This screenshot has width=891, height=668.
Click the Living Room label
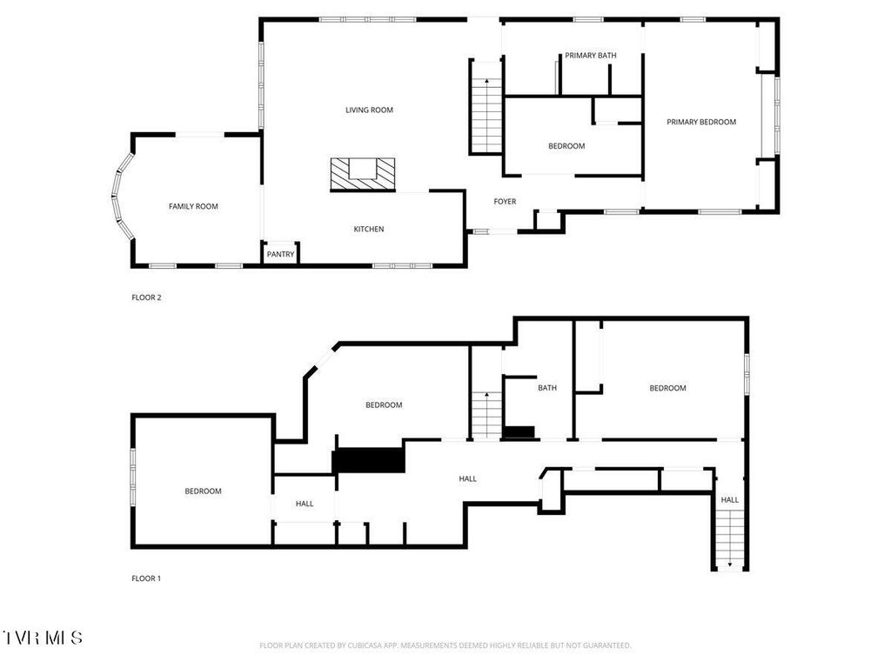(x=369, y=110)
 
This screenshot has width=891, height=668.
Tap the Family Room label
(x=193, y=206)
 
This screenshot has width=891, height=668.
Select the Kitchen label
(x=368, y=230)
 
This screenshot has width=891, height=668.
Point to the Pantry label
(x=280, y=255)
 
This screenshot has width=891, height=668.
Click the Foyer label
(x=505, y=202)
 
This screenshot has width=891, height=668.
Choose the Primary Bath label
(x=591, y=56)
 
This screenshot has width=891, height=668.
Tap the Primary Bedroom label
(x=701, y=122)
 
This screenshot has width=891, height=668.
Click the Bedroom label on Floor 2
(x=566, y=146)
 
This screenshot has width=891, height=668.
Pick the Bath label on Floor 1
(x=547, y=388)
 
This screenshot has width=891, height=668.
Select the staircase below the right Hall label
(x=729, y=539)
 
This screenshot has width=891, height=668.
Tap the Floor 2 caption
(x=146, y=297)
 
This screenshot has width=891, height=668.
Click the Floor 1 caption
(x=146, y=578)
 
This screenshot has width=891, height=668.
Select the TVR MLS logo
(x=43, y=638)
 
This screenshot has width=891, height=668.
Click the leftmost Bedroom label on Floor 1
(x=203, y=491)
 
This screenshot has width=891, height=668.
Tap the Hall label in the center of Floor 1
(x=468, y=478)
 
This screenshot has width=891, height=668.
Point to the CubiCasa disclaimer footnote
(x=445, y=645)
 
